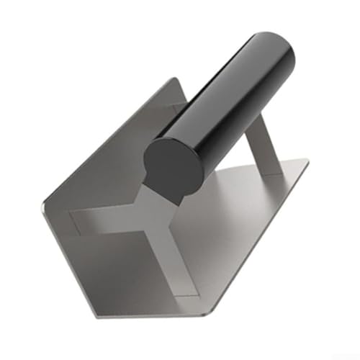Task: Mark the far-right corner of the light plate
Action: [x=308, y=161]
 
